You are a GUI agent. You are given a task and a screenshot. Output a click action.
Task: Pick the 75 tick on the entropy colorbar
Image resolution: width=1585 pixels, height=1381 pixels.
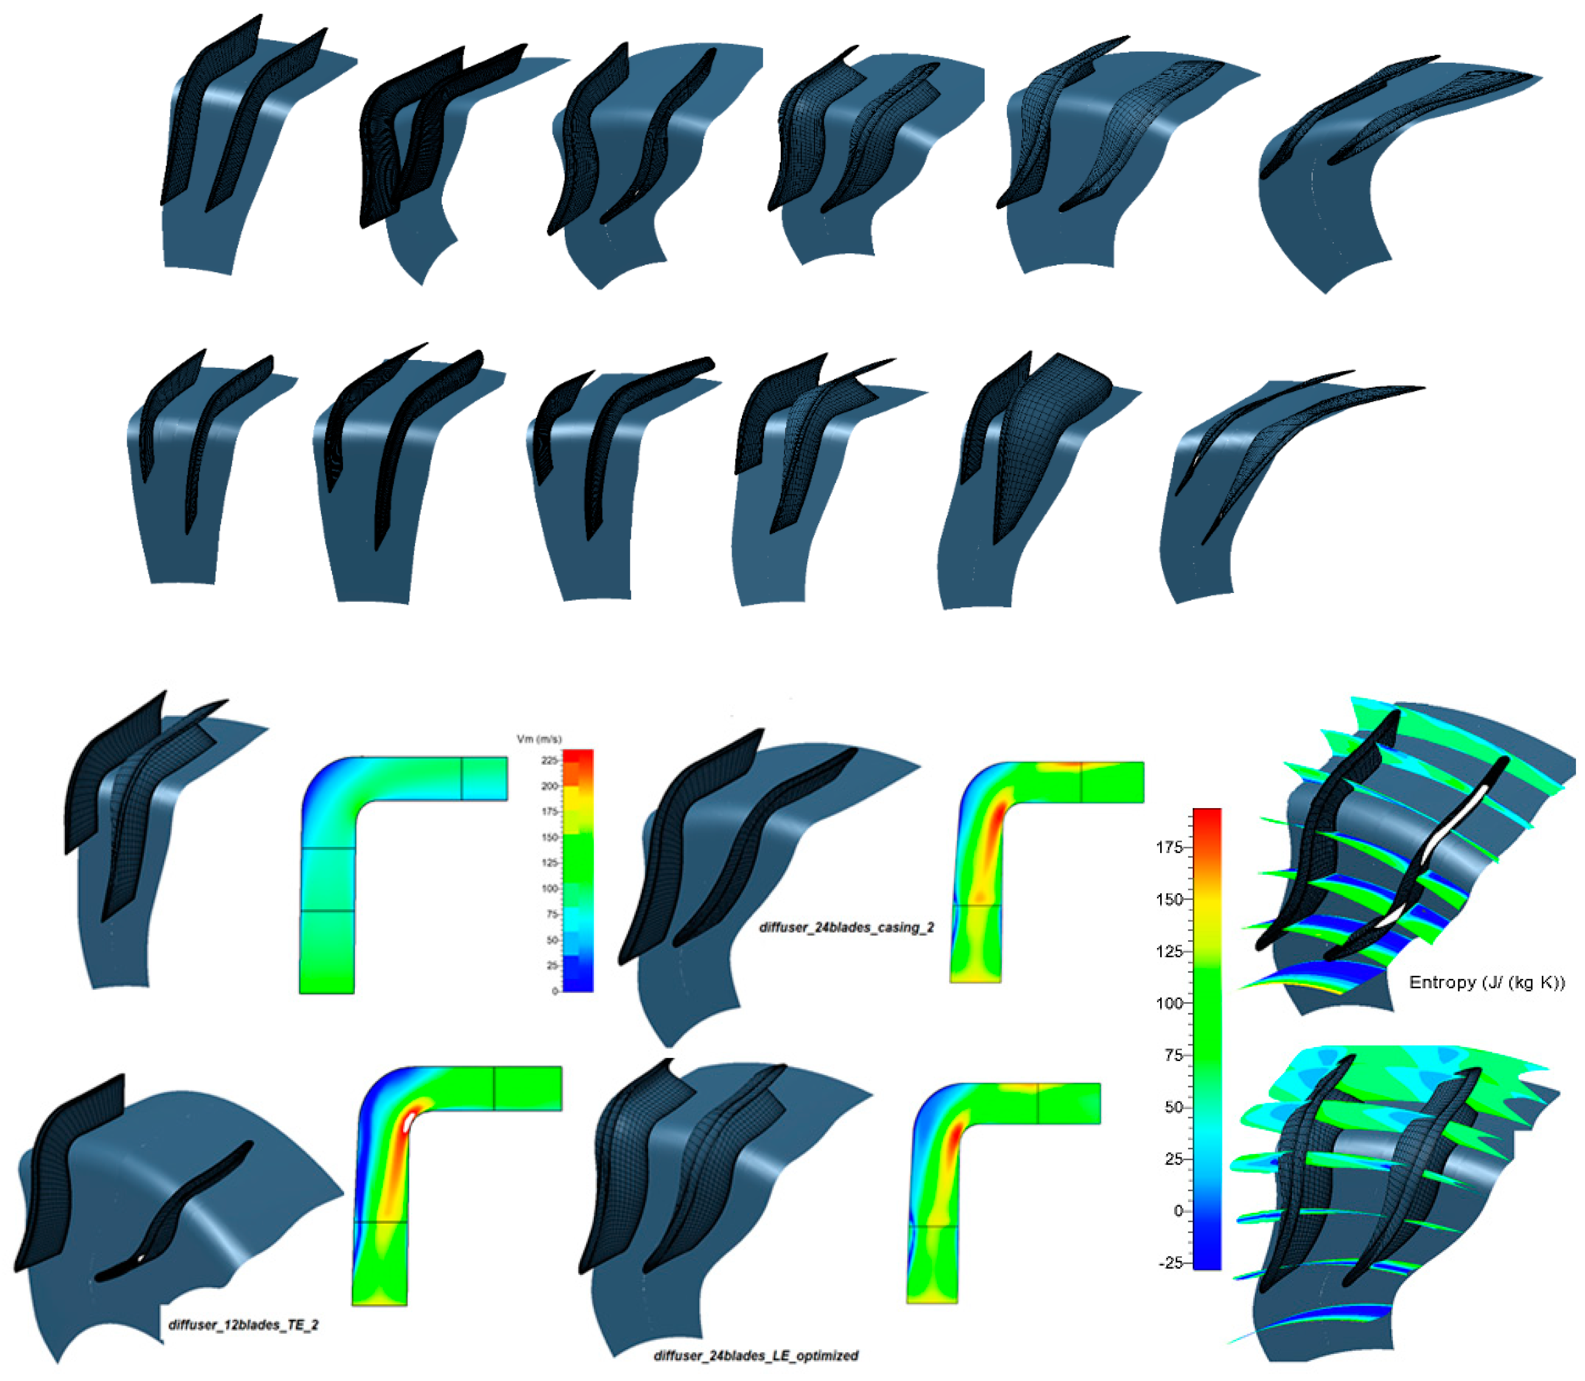[1173, 1055]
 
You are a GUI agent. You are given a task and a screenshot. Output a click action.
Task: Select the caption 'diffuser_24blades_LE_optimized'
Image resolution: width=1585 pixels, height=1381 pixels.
[755, 1356]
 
